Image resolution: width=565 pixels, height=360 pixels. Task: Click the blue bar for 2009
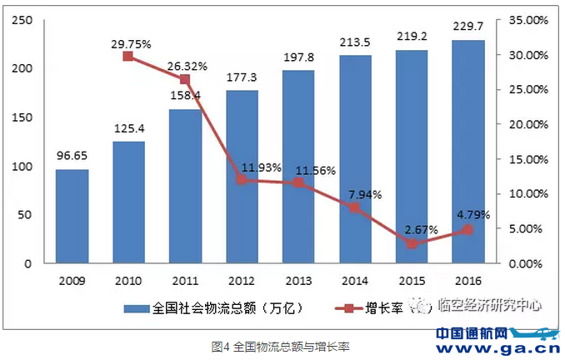(72, 217)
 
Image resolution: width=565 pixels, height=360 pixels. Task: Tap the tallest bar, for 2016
(467, 152)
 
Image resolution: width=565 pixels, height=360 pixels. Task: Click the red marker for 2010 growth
(128, 57)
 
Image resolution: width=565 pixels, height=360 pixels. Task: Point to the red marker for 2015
(411, 244)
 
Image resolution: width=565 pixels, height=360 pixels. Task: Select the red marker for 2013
(298, 182)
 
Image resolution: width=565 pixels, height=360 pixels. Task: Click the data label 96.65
(72, 156)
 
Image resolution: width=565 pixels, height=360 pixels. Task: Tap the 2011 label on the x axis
(185, 281)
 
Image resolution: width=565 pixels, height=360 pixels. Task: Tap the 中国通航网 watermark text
(472, 333)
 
